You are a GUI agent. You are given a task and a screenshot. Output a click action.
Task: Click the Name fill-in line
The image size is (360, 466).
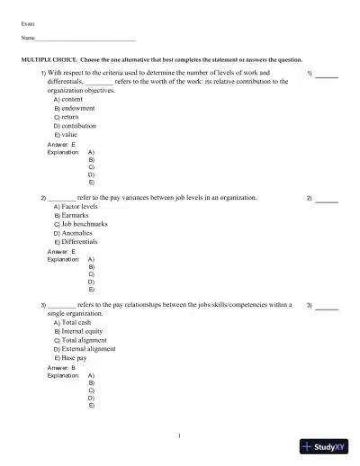click(x=85, y=40)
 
